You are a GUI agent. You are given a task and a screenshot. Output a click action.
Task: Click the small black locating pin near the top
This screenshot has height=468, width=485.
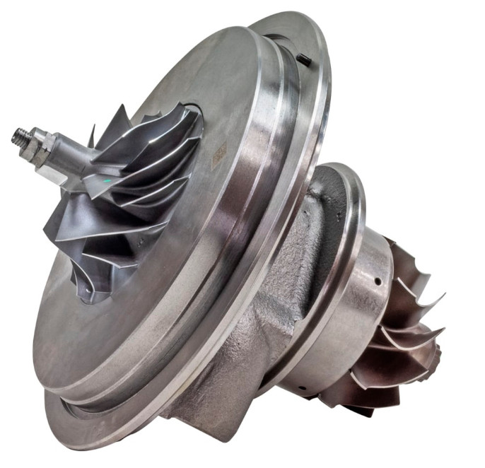305,61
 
